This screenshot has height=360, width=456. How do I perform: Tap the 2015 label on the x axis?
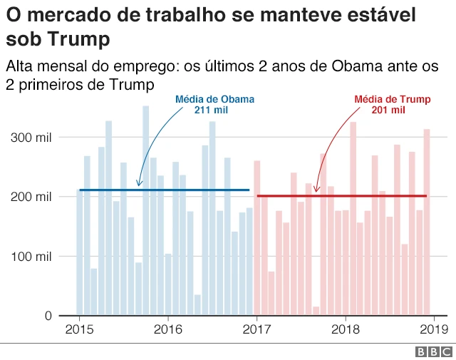(79, 329)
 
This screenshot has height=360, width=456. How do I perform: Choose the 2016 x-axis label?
(167, 329)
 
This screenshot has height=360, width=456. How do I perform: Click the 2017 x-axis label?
(256, 329)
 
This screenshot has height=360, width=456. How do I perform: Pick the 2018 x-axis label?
(345, 329)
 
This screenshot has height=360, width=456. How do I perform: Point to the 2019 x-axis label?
(433, 329)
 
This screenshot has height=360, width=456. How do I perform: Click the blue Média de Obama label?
(214, 99)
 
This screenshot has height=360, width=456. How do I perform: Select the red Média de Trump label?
(392, 99)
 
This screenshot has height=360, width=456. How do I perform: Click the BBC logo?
(433, 351)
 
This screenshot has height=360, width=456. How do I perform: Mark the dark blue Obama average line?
(164, 190)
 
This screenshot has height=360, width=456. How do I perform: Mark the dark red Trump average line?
(342, 195)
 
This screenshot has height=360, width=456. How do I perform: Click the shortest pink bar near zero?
(316, 311)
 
